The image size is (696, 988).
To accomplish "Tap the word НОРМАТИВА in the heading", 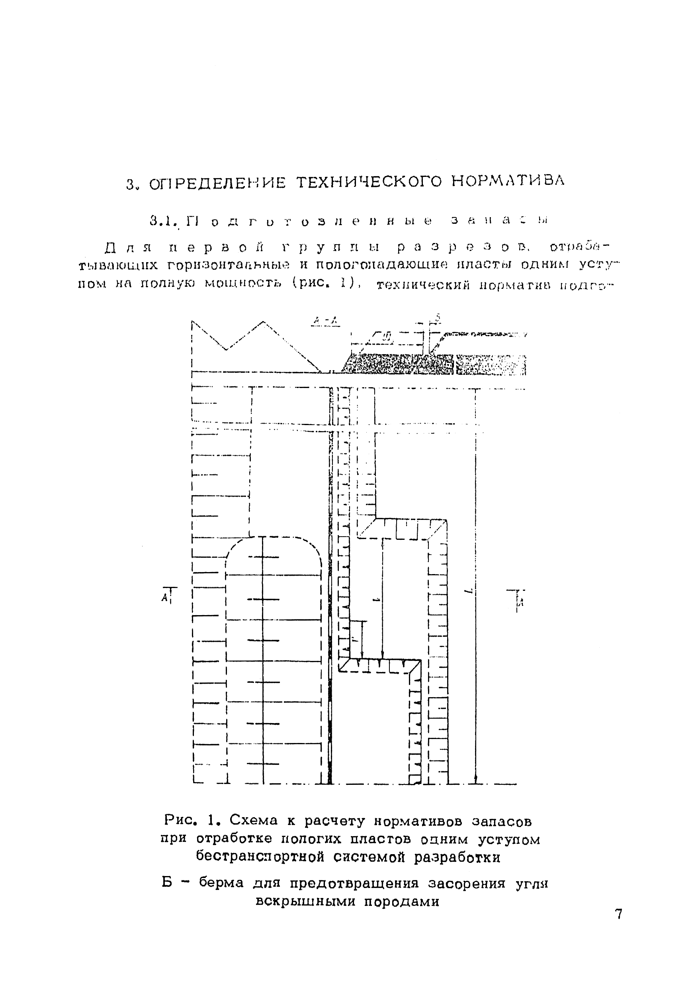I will [x=508, y=181].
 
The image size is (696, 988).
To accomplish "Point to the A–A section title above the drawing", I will [x=326, y=320].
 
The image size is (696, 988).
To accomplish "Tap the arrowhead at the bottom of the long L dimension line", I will [x=476, y=779].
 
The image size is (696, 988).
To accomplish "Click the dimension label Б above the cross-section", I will [x=437, y=319].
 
